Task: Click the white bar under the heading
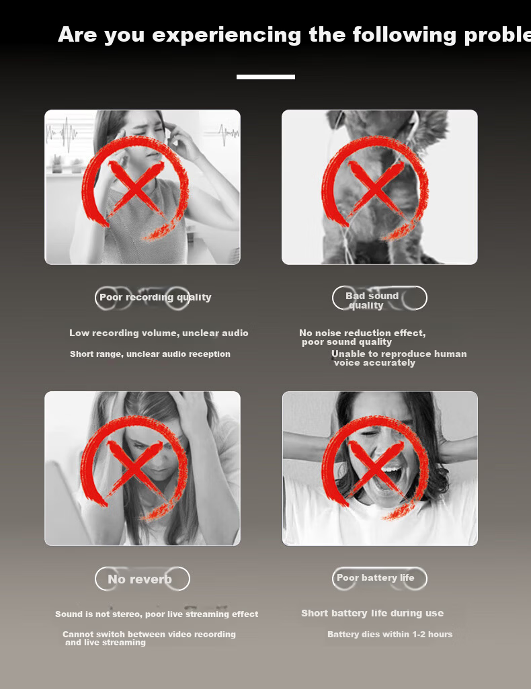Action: [x=265, y=77]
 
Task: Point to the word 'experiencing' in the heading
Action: [x=227, y=35]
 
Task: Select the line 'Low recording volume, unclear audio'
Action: [x=159, y=333]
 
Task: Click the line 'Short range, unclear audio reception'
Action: [x=150, y=354]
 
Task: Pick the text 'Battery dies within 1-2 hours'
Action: [x=390, y=634]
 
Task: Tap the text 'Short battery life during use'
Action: [x=372, y=613]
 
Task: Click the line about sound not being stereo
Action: [x=157, y=614]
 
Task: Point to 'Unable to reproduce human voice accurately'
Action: [x=399, y=358]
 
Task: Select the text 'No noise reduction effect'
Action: [x=362, y=333]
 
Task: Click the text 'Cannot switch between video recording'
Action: [x=149, y=634]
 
